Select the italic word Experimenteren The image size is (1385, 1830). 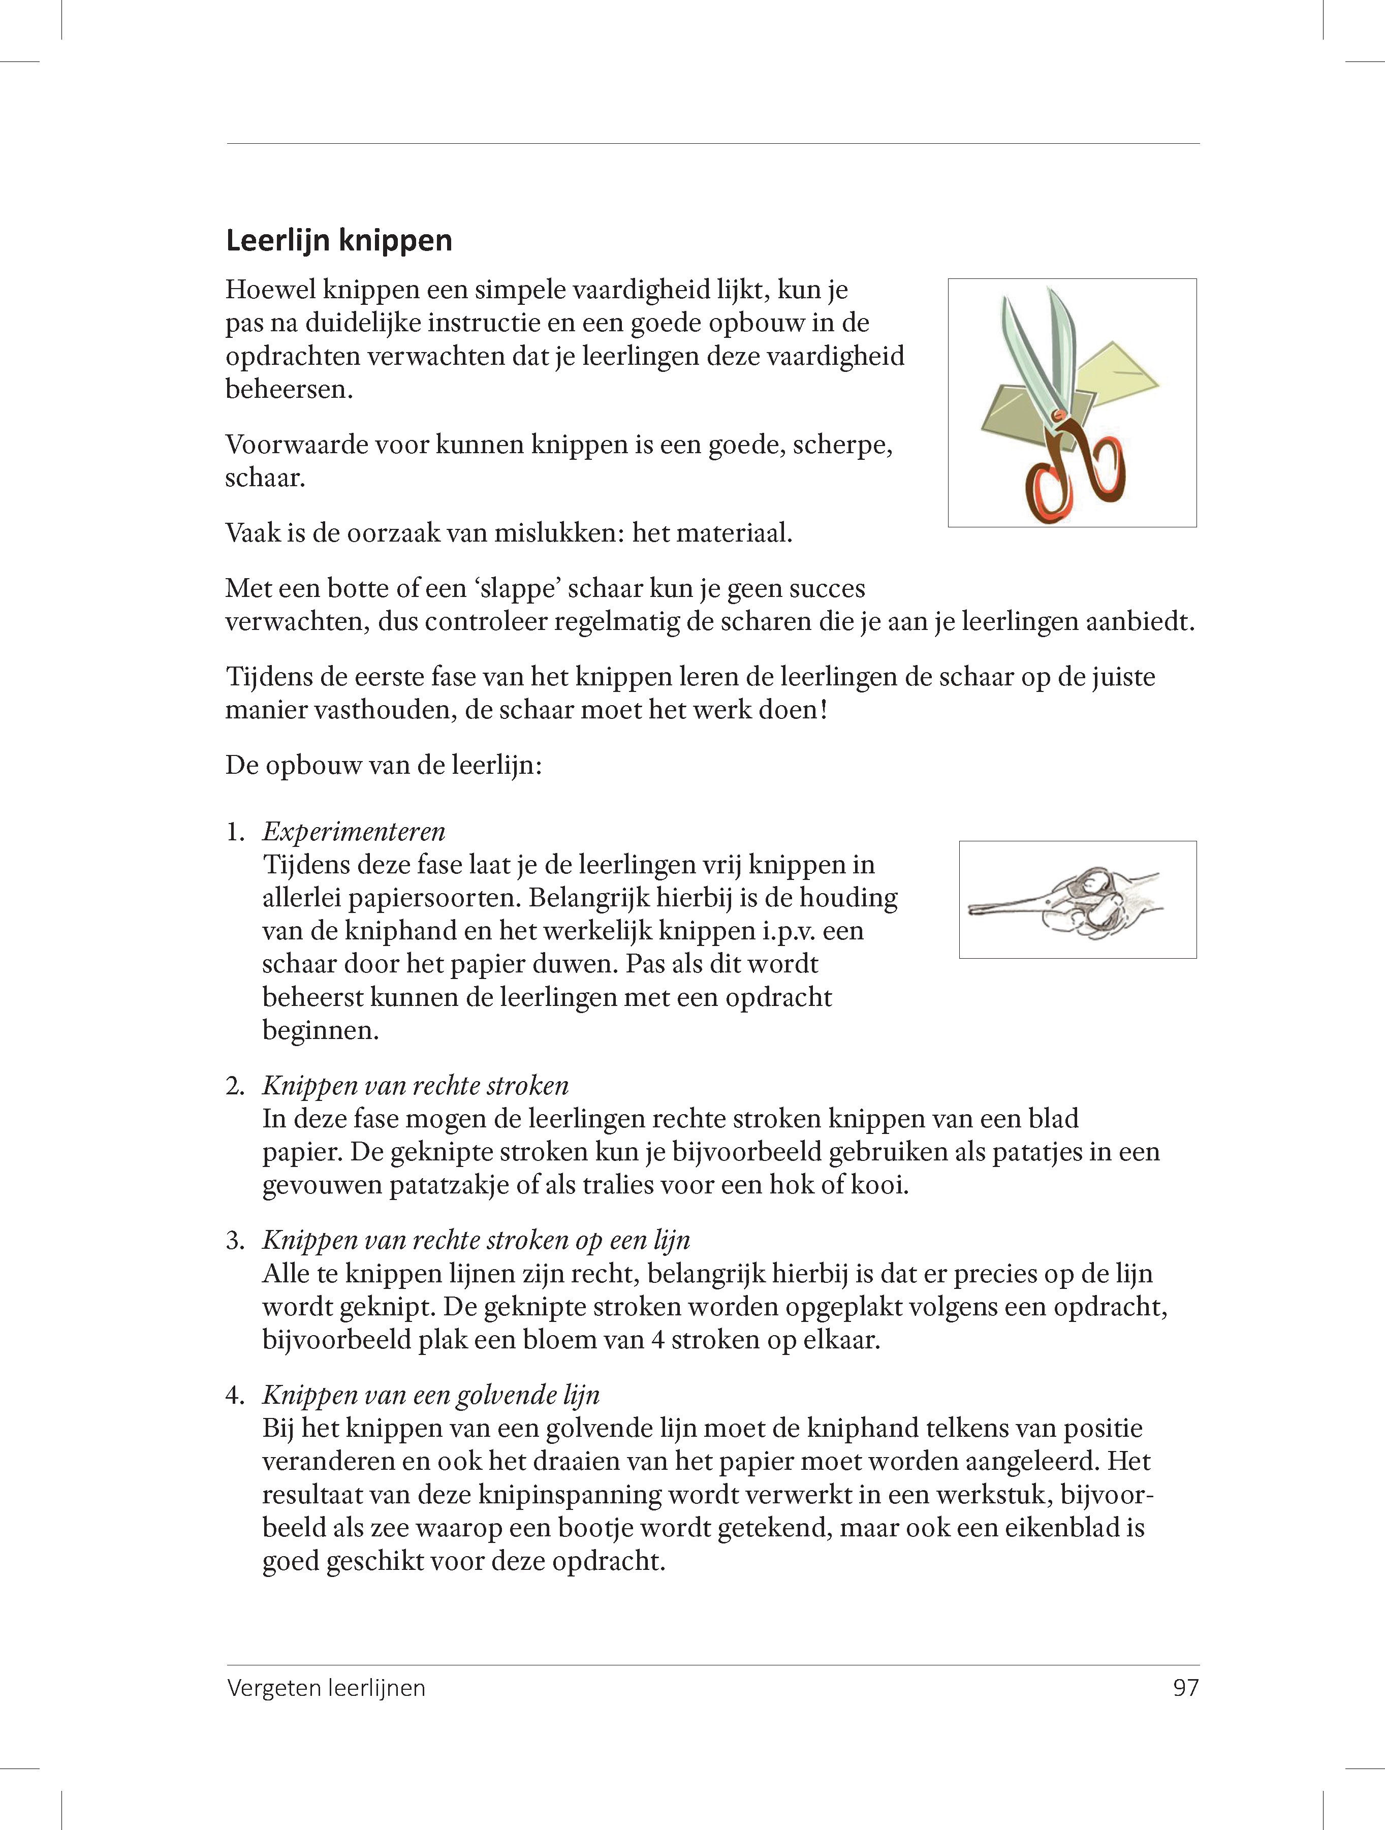pos(354,832)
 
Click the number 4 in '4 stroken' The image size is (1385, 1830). pos(658,1340)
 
